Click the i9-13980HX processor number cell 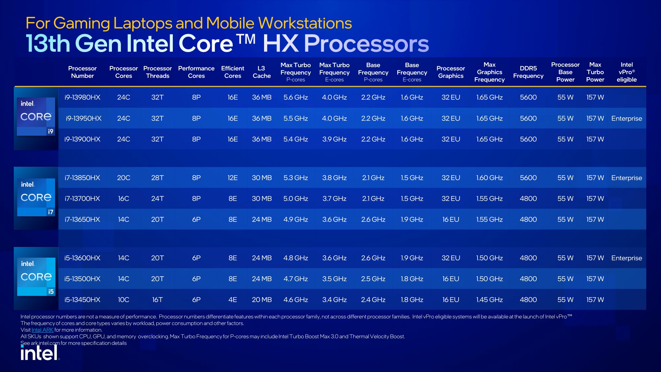point(82,97)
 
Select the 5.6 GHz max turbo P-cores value point(295,97)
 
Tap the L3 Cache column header point(262,72)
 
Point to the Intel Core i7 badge point(36,197)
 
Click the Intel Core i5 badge point(36,277)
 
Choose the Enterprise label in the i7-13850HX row point(627,178)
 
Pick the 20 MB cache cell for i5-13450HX point(262,300)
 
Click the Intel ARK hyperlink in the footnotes point(42,330)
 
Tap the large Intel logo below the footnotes point(40,352)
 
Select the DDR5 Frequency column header point(528,72)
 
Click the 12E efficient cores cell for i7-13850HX point(233,178)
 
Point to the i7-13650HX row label point(82,219)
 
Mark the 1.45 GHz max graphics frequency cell point(489,300)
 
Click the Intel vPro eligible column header point(627,72)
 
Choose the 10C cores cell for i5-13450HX point(124,300)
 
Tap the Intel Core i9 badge point(36,116)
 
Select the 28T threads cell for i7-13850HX point(157,178)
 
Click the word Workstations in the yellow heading point(305,23)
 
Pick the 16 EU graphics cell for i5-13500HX point(451,279)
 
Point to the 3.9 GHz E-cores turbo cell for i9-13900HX point(334,139)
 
